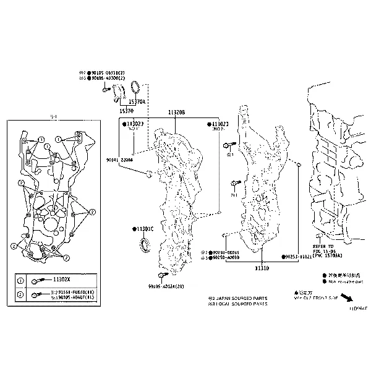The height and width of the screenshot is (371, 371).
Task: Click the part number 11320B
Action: pos(176,113)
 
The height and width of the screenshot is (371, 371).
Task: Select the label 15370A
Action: pos(137,102)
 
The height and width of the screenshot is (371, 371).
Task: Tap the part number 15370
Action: pos(126,111)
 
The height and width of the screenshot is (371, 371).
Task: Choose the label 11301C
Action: pos(145,229)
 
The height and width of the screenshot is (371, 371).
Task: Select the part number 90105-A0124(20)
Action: pos(166,286)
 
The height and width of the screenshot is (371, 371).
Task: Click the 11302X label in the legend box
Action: pos(61,280)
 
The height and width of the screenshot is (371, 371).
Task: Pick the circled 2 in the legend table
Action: pos(20,295)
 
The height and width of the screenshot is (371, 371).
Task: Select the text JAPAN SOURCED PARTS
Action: pos(242,297)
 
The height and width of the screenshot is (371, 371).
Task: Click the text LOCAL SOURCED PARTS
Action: pos(242,304)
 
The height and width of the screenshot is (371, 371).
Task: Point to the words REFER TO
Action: pos(323,237)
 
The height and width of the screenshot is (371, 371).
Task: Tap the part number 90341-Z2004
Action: pos(119,160)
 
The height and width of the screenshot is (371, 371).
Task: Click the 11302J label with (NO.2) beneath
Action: pos(221,124)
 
